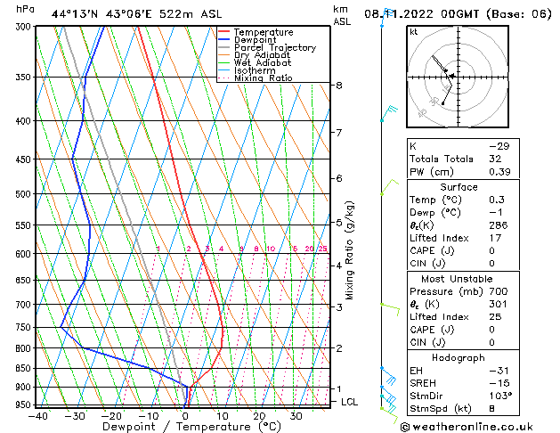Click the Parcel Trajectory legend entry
[274, 48]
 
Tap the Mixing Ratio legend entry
[264, 78]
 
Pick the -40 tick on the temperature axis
[37, 415]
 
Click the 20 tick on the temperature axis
[258, 415]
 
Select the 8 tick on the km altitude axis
[338, 86]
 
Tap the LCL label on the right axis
[351, 402]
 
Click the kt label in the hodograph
[413, 32]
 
